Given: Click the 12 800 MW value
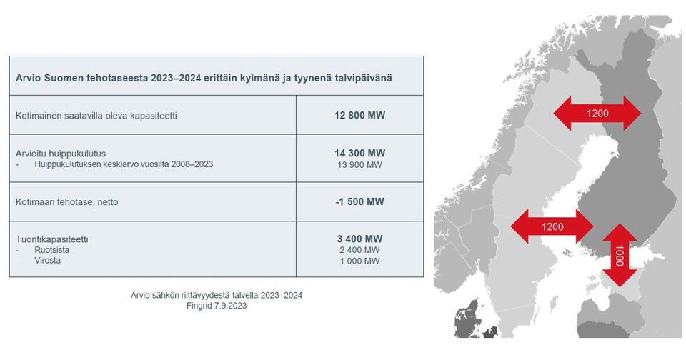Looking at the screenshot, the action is pyautogui.click(x=359, y=116).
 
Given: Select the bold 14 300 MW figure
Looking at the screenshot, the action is pyautogui.click(x=359, y=153).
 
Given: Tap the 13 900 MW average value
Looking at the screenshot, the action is pyautogui.click(x=359, y=165).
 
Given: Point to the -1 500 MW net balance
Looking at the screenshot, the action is pyautogui.click(x=359, y=201).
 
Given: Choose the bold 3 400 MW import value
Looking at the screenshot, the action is pyautogui.click(x=359, y=239).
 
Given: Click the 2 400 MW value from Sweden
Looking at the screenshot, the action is pyautogui.click(x=359, y=250).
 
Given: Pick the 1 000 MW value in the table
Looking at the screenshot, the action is pyautogui.click(x=359, y=261).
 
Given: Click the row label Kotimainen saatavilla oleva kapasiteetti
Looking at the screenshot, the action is pyautogui.click(x=96, y=116).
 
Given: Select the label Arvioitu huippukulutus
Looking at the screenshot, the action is pyautogui.click(x=61, y=154).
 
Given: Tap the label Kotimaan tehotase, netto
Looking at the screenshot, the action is pyautogui.click(x=67, y=202).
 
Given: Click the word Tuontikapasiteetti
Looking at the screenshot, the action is pyautogui.click(x=52, y=239).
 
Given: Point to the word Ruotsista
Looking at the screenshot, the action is pyautogui.click(x=52, y=250).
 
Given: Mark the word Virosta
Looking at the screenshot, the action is pyautogui.click(x=48, y=261).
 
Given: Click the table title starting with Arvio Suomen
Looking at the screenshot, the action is pyautogui.click(x=204, y=78).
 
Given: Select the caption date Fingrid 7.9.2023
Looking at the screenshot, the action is pyautogui.click(x=217, y=306).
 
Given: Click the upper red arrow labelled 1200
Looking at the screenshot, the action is pyautogui.click(x=597, y=114).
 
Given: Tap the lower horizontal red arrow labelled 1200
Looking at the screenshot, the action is pyautogui.click(x=552, y=226).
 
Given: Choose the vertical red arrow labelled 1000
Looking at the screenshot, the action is pyautogui.click(x=620, y=256).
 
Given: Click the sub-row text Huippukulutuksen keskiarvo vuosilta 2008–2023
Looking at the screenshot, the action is pyautogui.click(x=124, y=164).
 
